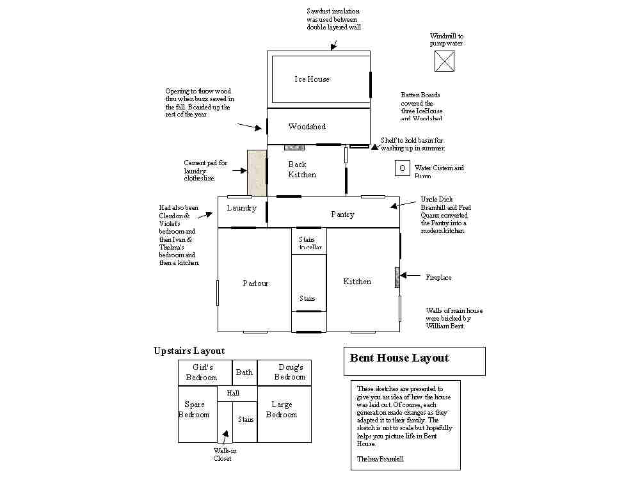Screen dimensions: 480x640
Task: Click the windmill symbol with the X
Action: (x=444, y=61)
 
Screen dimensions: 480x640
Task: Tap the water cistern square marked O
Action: (x=402, y=168)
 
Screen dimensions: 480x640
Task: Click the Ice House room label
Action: (x=312, y=79)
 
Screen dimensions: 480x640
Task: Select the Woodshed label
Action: (x=307, y=127)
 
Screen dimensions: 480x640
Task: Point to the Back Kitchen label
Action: (x=301, y=170)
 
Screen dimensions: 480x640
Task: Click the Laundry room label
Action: (x=241, y=208)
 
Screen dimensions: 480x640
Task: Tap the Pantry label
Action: (x=342, y=214)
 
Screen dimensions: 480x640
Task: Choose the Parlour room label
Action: (x=255, y=284)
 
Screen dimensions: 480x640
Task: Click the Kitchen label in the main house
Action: (x=357, y=282)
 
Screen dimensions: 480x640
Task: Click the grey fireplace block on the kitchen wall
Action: (x=397, y=277)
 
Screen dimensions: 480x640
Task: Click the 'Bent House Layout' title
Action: (x=399, y=358)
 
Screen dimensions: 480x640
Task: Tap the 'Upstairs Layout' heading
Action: (x=189, y=351)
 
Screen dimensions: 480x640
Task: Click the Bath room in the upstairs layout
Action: (x=244, y=372)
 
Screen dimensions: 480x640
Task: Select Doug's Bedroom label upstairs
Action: (x=290, y=372)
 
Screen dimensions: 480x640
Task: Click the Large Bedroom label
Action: (x=282, y=409)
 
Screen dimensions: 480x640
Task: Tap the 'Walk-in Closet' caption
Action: (x=222, y=454)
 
